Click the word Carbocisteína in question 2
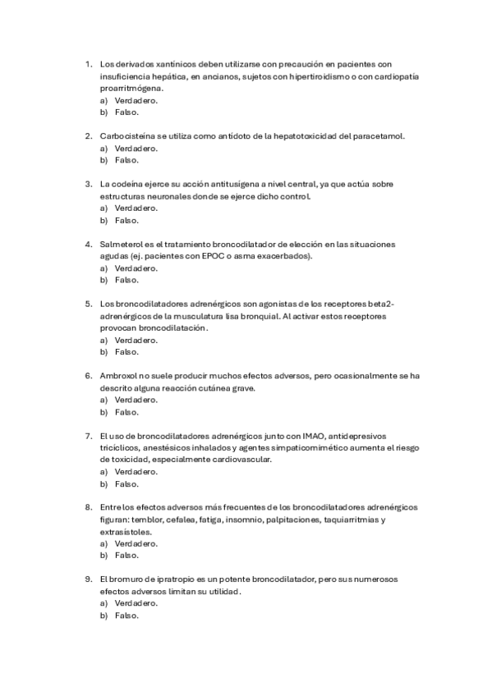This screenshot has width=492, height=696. point(125,135)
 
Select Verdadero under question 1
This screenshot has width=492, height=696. point(136,100)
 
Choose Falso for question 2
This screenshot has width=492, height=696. point(126,160)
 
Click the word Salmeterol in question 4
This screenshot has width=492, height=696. point(122,244)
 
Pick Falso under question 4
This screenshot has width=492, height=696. point(126,280)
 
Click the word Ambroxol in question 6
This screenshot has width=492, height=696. point(119,376)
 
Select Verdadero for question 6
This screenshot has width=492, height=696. point(136,400)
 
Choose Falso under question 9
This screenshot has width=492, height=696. point(126,616)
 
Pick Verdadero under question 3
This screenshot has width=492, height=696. point(136,208)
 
